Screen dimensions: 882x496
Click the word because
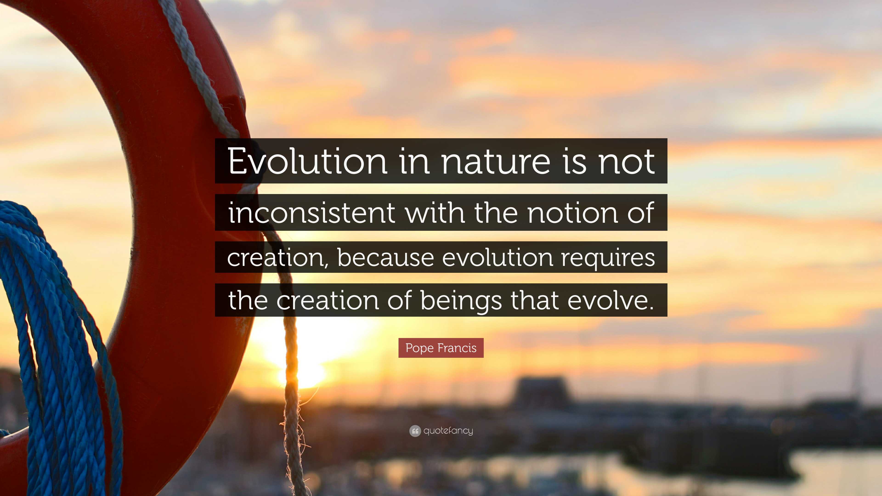coord(386,257)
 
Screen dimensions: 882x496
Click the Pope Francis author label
coord(441,348)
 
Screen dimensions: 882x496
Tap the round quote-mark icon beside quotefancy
coord(415,431)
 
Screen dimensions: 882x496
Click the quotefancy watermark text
coord(448,431)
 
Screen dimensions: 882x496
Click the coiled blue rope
coord(51,342)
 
